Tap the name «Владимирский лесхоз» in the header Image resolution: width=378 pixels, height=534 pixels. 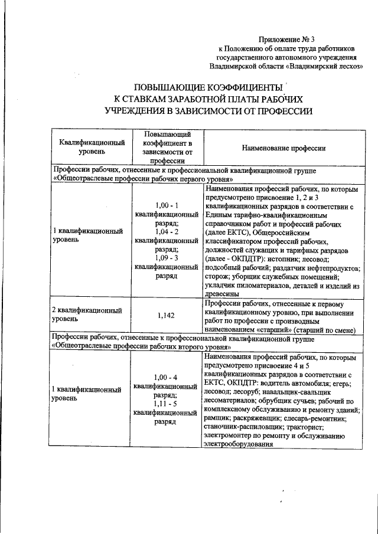tap(324, 67)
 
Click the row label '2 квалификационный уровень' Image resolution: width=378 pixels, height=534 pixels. tap(89, 314)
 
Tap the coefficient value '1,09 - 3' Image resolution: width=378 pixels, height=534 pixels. tap(166, 258)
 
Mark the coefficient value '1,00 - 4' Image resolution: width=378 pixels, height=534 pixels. tap(166, 377)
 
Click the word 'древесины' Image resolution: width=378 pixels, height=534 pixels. tap(221, 294)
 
